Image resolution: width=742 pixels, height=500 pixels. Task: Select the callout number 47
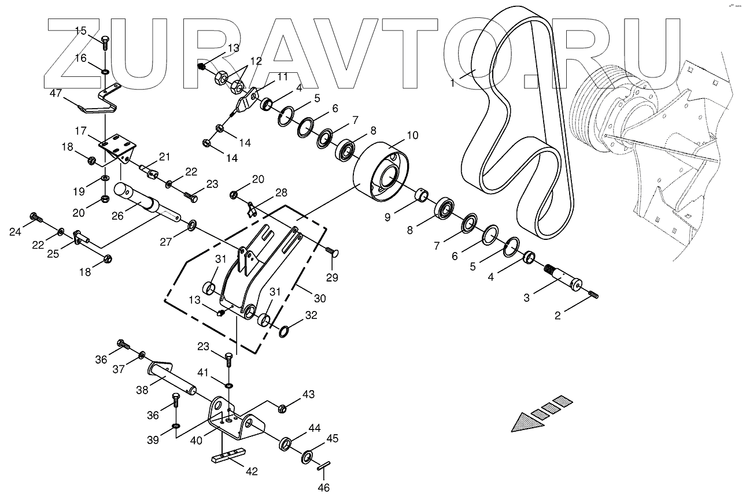(56, 93)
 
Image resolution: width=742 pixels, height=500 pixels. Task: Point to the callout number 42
(251, 471)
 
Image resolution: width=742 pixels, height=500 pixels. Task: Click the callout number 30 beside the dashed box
(319, 298)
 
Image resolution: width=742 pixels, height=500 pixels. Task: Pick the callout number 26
(119, 216)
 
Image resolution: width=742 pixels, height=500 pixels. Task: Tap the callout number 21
(165, 157)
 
